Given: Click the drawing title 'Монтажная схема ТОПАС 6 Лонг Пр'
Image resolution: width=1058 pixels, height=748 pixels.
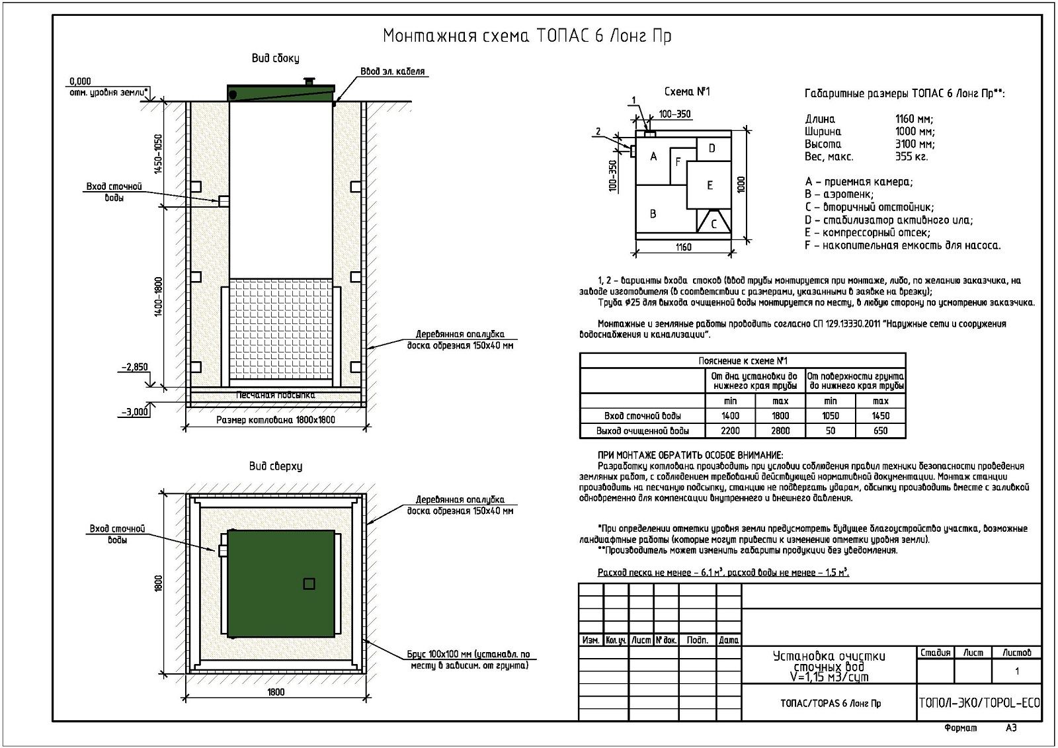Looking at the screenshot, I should click(527, 36).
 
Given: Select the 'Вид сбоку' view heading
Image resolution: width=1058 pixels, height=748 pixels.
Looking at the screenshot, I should click(275, 58).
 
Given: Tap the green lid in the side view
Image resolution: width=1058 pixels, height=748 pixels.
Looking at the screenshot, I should click(281, 93).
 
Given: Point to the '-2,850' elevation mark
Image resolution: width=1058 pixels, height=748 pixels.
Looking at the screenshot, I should click(135, 367).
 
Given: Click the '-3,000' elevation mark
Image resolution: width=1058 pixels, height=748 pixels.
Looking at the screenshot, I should click(135, 411).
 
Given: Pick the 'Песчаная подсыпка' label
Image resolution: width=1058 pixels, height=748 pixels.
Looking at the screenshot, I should click(276, 395).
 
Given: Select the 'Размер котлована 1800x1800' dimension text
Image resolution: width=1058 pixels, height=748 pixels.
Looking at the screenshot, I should click(276, 420).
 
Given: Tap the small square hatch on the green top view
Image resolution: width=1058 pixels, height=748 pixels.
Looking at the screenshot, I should click(309, 583).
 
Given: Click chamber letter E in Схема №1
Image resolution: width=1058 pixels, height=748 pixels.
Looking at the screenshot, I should click(710, 185).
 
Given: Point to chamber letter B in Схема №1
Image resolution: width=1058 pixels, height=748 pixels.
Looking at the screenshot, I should click(653, 214).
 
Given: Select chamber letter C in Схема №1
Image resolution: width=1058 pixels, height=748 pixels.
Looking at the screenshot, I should click(713, 224).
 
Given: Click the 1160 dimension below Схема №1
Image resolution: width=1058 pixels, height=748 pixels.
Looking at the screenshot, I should click(684, 247).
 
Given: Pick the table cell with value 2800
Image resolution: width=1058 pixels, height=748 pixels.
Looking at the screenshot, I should click(780, 431).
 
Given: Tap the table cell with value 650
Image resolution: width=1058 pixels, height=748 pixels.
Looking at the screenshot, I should click(880, 431).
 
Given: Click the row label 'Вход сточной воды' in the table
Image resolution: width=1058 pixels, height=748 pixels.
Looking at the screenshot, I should click(642, 416).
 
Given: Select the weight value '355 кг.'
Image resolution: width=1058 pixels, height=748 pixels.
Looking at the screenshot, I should click(911, 157).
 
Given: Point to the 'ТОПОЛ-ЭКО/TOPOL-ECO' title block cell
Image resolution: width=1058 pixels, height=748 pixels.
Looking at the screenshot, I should click(979, 703).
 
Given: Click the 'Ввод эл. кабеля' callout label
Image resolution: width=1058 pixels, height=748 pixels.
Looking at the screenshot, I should click(392, 71).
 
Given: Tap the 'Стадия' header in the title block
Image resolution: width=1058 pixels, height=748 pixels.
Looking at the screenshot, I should click(935, 653).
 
